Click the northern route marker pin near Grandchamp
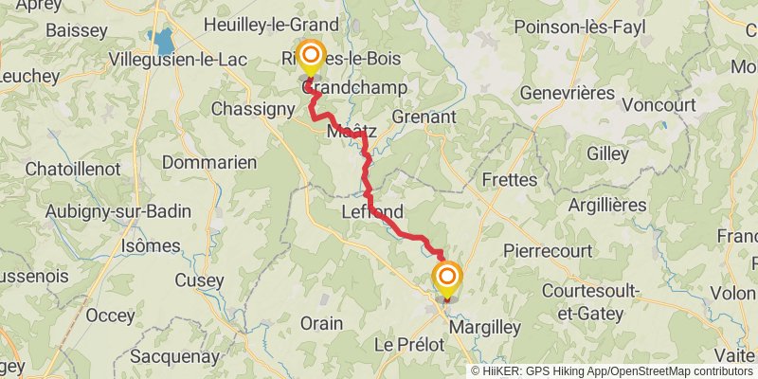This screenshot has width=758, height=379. coord(310,57)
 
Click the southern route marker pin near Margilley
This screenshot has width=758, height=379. coord(447,278)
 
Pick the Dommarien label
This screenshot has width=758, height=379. coord(209,162)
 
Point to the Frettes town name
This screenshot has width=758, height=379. coord(509,179)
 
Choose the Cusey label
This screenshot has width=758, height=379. coord(200,280)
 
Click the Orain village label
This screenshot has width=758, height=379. coord(321,323)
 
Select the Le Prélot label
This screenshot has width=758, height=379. coord(409,345)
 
